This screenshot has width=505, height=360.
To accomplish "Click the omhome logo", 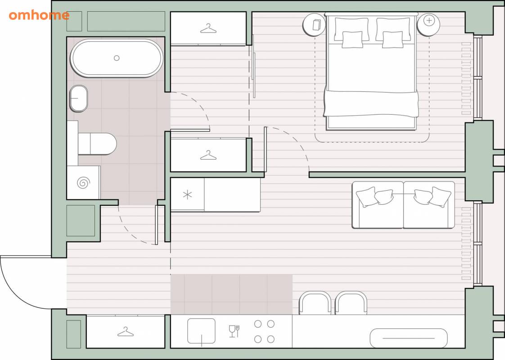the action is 39,15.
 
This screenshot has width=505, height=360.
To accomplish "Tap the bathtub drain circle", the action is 117,58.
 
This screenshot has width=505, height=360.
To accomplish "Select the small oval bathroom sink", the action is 79,99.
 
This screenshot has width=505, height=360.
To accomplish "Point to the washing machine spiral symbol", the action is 83,183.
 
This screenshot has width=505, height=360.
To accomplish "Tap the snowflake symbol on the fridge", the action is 187,194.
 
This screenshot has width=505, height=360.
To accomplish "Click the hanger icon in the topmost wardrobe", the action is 208,29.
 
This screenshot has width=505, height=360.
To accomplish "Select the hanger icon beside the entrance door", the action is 126,332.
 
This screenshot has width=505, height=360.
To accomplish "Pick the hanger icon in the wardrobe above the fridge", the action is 208,156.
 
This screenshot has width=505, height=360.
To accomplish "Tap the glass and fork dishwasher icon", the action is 234,331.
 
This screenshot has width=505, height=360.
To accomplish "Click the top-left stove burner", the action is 257,324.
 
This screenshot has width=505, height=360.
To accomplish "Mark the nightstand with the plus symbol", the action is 428,24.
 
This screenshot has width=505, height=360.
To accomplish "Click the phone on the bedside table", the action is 316,25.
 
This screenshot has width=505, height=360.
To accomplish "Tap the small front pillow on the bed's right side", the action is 392,40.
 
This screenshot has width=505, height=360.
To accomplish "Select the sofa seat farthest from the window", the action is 378,205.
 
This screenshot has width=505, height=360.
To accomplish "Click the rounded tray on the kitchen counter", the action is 409,338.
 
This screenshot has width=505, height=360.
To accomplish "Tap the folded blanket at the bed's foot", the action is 371,103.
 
